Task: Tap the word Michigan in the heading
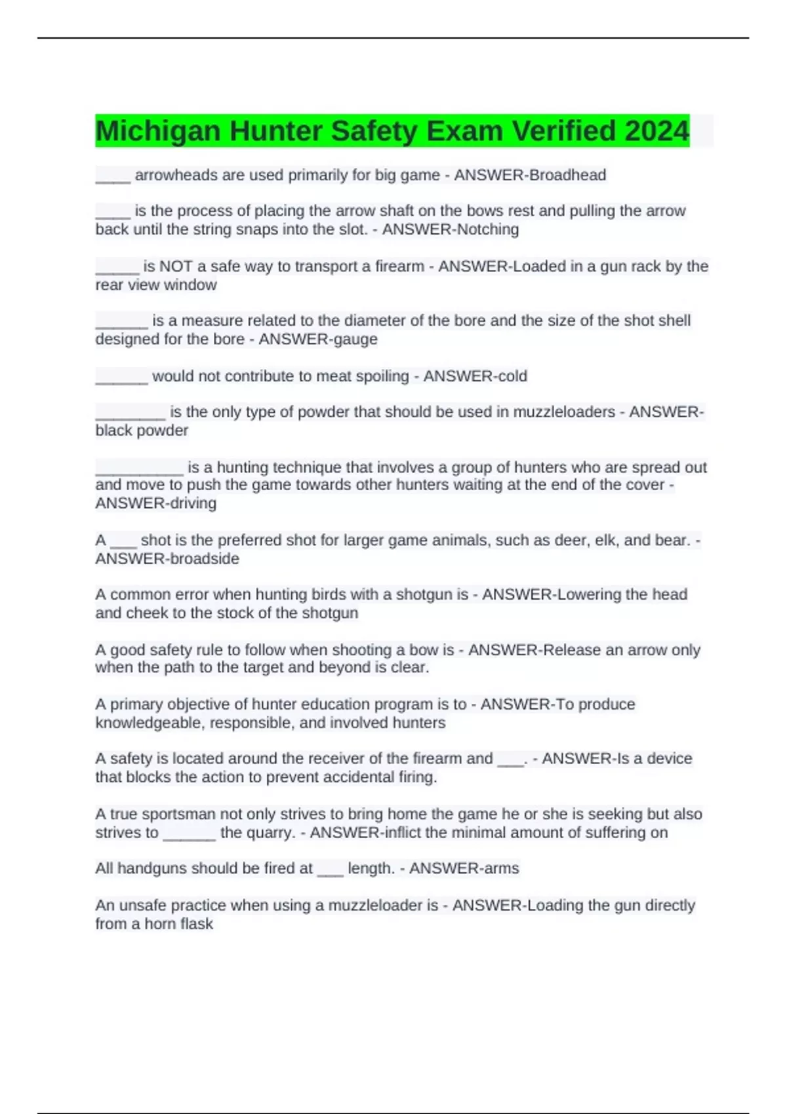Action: coord(158,130)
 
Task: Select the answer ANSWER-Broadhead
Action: coord(530,175)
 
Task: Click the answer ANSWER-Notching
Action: coord(451,229)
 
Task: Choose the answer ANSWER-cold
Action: coord(475,376)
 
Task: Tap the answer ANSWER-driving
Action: coord(156,503)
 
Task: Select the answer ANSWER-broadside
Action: coord(167,559)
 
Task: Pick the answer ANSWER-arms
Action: coord(464,868)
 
